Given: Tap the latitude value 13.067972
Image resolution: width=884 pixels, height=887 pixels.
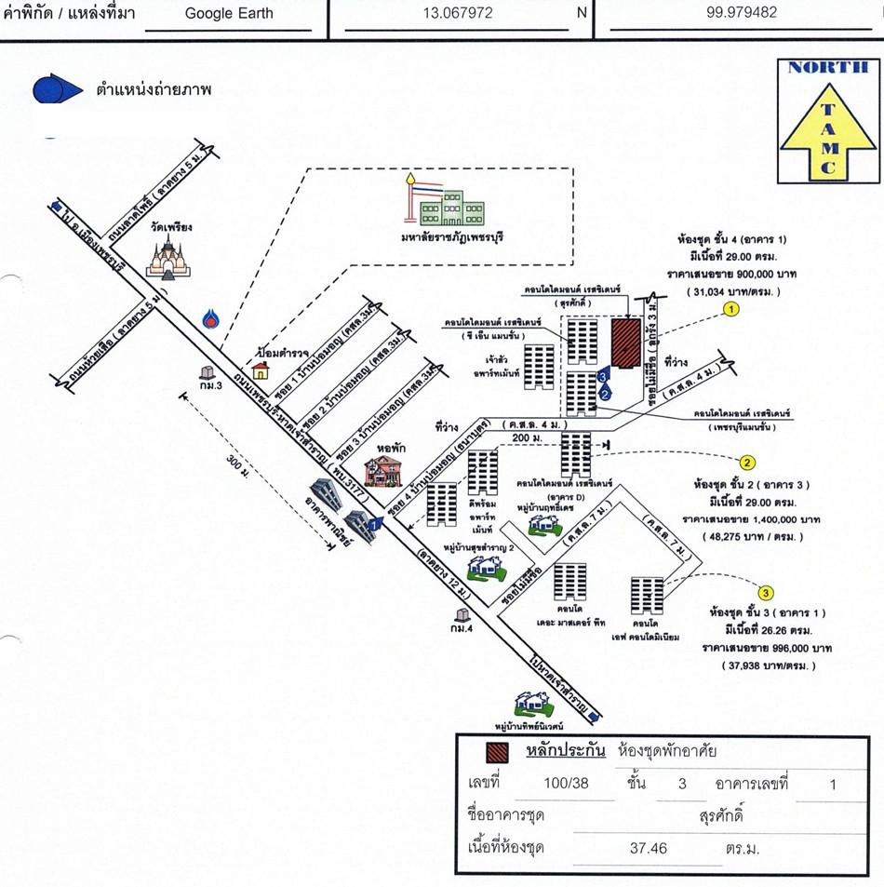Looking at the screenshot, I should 458,13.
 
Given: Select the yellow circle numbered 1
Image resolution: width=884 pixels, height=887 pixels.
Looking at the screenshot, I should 732,309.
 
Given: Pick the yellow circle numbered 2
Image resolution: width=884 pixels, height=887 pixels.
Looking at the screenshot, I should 746,462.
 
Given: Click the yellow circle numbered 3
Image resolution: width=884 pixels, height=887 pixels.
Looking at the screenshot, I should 766,591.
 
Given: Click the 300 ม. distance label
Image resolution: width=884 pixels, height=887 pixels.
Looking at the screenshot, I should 240,459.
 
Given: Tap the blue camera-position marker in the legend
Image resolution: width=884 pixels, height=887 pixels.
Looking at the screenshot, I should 58,89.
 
